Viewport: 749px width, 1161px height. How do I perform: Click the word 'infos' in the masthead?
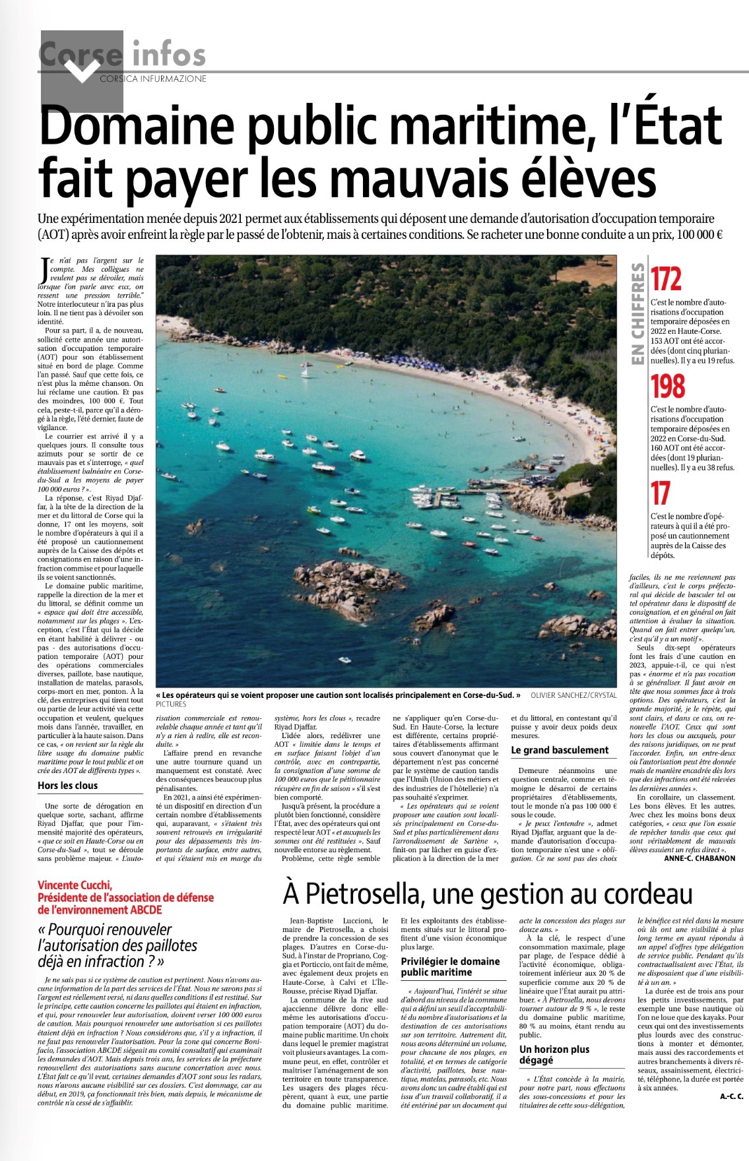pyautogui.click(x=169, y=54)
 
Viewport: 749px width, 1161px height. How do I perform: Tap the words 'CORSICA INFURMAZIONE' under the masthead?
pyautogui.click(x=152, y=79)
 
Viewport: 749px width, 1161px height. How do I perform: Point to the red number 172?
pyautogui.click(x=666, y=280)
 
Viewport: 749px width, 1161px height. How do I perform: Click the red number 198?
pyautogui.click(x=668, y=387)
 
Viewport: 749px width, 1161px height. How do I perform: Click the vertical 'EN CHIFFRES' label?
pyautogui.click(x=637, y=314)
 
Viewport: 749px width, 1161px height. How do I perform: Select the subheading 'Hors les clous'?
pyautogui.click(x=67, y=786)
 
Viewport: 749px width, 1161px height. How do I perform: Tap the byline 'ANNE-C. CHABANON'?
pyautogui.click(x=700, y=858)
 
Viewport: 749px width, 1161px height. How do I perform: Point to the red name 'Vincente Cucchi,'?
pyautogui.click(x=75, y=885)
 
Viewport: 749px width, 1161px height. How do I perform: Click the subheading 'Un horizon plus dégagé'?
pyautogui.click(x=554, y=1054)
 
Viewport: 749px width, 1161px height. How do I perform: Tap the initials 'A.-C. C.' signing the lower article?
pyautogui.click(x=731, y=1096)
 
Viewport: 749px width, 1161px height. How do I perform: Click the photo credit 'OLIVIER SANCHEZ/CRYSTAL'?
pyautogui.click(x=573, y=695)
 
